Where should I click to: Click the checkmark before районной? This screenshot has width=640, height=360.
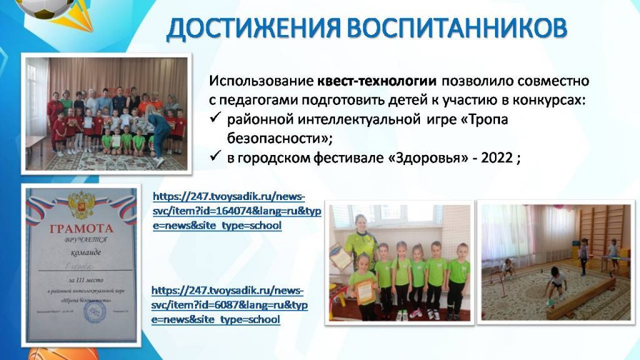[x=215, y=120]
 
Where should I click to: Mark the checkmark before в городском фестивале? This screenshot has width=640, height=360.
[x=215, y=158]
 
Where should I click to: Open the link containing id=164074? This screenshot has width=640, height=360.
[x=236, y=211]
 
